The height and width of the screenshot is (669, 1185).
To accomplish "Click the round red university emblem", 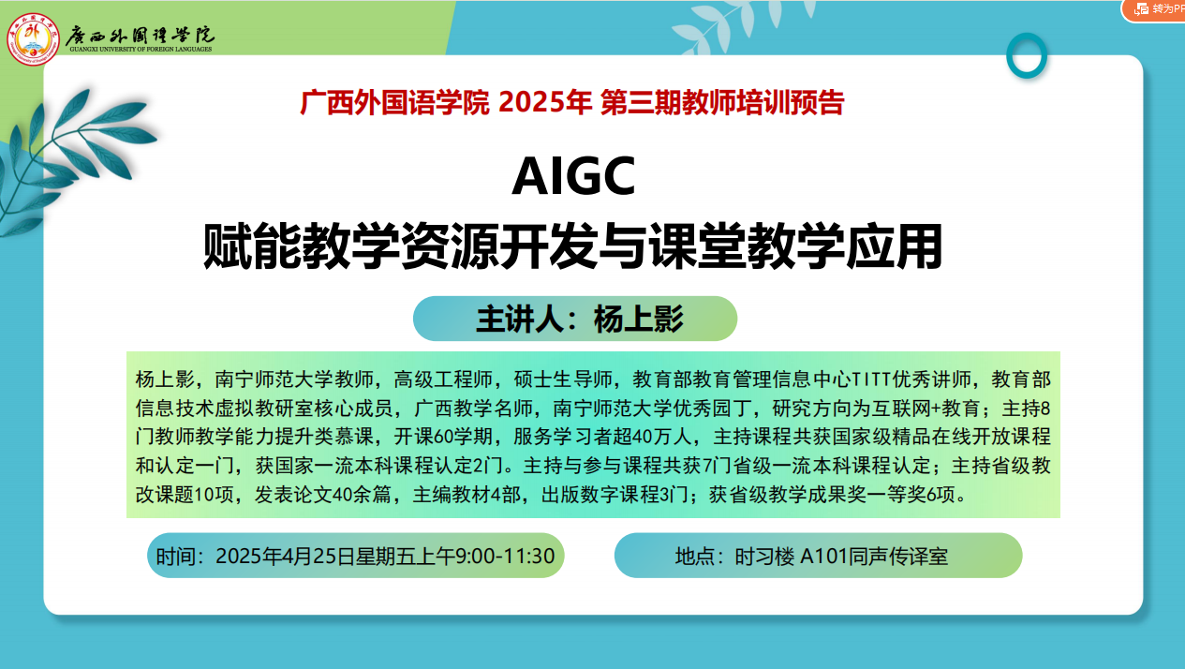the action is pos(33,39).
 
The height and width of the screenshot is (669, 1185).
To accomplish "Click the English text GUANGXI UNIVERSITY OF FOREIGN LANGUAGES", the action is pos(141,50).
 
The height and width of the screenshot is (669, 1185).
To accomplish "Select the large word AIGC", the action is pos(573,176).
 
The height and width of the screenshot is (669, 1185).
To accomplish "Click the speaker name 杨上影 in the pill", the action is pos(639,320).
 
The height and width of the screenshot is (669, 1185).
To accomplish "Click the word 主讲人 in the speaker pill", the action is pos(521,320).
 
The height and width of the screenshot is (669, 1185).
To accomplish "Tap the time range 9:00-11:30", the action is pos(505,557).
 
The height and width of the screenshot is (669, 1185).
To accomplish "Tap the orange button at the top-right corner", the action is pos(1154,10).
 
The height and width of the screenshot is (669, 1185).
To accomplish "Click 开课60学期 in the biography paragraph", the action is pos(443,437).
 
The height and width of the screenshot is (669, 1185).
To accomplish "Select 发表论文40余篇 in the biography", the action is pos(322,495).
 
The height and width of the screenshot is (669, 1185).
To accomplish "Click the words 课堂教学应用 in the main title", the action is pos(796,246).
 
